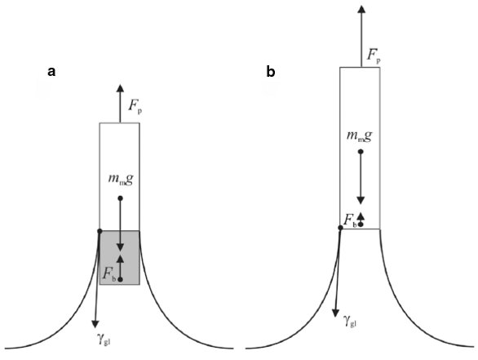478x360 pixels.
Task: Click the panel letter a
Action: tap(51, 73)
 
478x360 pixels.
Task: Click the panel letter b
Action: tap(271, 72)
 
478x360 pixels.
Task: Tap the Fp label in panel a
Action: tap(135, 106)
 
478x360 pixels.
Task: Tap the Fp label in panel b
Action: tap(374, 56)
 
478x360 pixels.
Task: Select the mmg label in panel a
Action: tap(121, 179)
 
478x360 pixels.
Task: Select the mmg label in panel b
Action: tap(359, 136)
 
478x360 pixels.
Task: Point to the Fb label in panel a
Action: tap(109, 273)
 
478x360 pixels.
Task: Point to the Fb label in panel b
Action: tap(350, 220)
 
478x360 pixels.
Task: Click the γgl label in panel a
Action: tap(104, 340)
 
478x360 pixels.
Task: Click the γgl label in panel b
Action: tap(350, 321)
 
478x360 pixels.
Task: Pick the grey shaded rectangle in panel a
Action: tap(120, 258)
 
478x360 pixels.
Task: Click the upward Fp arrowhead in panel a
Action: tap(120, 87)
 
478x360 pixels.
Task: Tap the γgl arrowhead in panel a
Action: tap(95, 323)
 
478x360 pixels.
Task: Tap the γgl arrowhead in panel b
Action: tap(335, 313)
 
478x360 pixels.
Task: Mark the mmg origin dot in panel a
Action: tap(121, 198)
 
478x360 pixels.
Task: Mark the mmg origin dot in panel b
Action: tap(361, 151)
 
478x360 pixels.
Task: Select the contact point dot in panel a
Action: tap(100, 231)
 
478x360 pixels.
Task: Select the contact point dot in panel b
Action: tap(340, 228)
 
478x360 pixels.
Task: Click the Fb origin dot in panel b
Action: tap(361, 224)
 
